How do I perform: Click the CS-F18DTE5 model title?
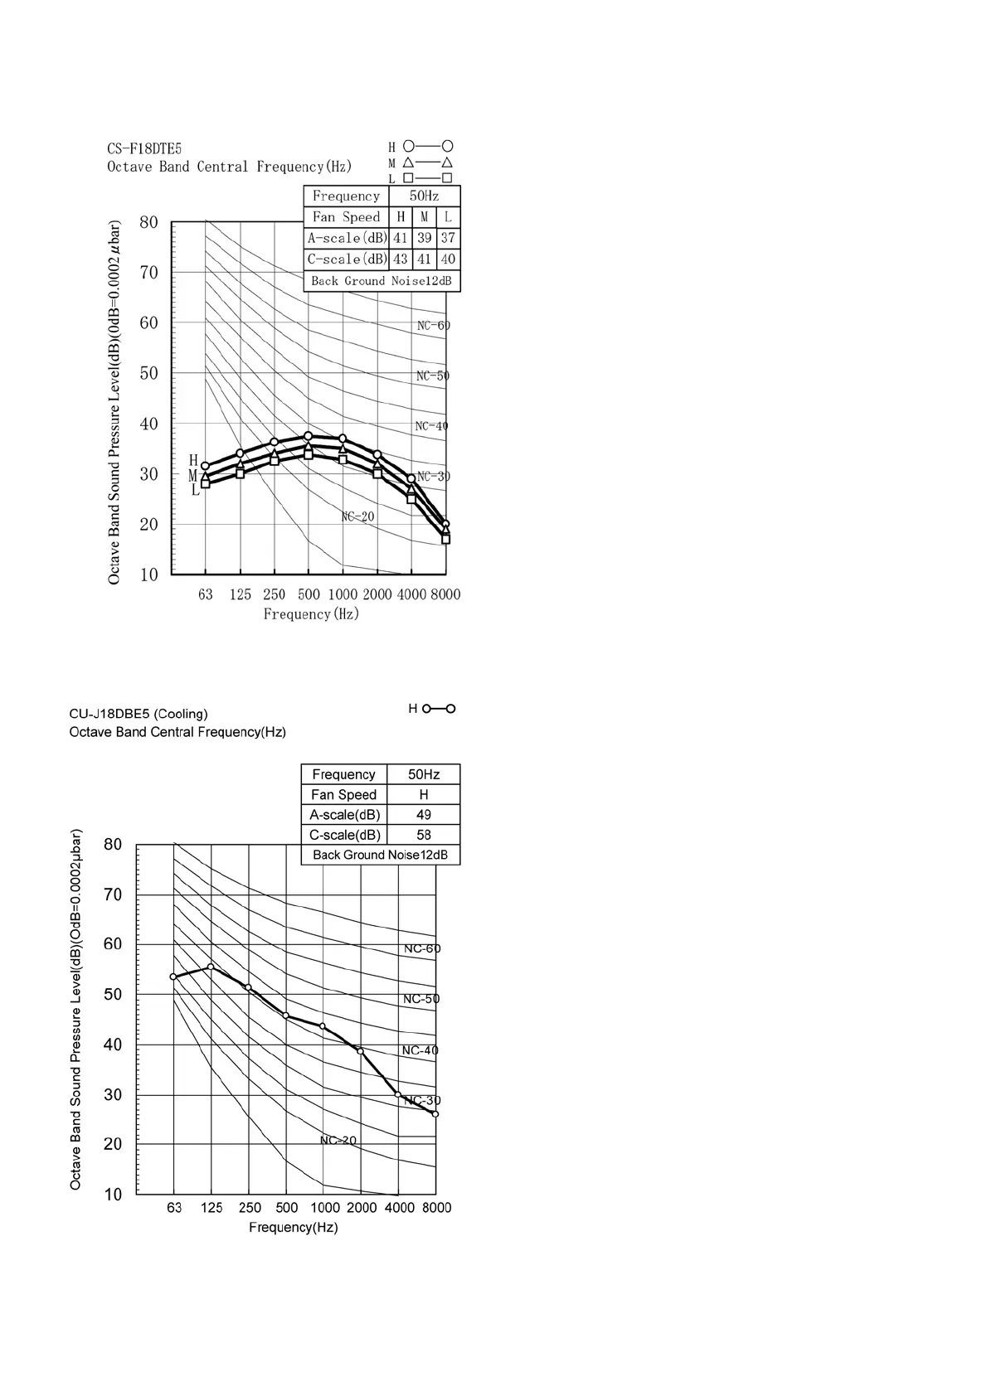coord(144,149)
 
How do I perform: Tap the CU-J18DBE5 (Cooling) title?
coord(139,714)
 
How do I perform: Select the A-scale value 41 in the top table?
coord(401,238)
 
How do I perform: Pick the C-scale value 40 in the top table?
coord(448,259)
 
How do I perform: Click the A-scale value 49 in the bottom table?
coord(423,815)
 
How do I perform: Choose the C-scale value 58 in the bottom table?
coord(423,835)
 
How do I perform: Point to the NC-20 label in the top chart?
coord(358,516)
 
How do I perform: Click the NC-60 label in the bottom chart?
coord(421,948)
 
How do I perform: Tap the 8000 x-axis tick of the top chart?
coord(445,594)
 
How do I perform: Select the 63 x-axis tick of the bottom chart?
coord(174,1208)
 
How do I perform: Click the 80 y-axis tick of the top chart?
coord(148,222)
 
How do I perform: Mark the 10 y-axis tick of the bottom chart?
coord(113,1195)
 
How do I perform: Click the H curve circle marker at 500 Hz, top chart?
coord(309,436)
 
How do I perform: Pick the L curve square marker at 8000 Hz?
coord(445,539)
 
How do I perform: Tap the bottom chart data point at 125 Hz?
coord(211,967)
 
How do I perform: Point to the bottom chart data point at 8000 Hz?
coord(435,1114)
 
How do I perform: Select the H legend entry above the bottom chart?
coord(432,709)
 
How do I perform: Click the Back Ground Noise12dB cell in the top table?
coord(382,281)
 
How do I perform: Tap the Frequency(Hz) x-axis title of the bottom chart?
coord(294,1228)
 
